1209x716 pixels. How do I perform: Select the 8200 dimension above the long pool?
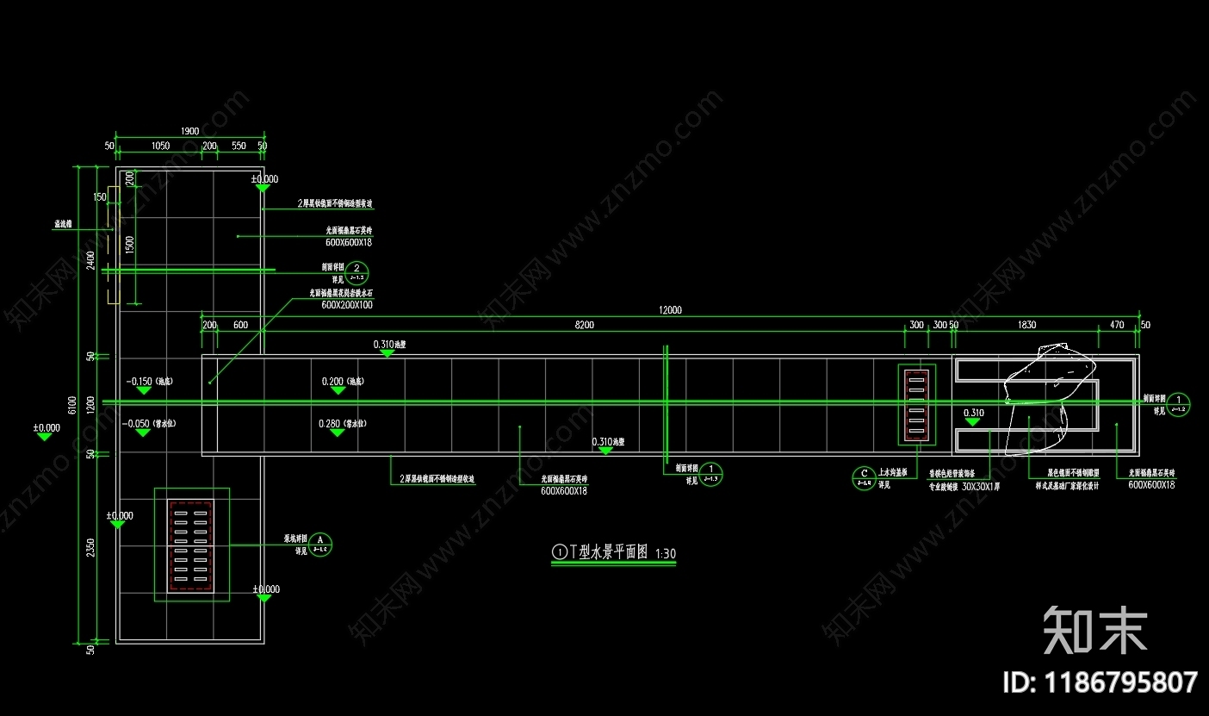coord(583,325)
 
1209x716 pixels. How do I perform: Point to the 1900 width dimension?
coord(189,131)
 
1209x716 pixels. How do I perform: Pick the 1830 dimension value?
coord(1026,325)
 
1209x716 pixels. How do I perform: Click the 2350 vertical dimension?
coord(90,546)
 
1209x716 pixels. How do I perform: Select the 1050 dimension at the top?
coord(160,146)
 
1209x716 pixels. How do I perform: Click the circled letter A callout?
coord(321,544)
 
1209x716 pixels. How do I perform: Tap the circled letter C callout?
coord(864,476)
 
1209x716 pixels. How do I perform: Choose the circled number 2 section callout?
coord(359,271)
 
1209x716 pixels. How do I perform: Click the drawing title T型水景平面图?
coord(609,552)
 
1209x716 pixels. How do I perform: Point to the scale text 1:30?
coord(666,553)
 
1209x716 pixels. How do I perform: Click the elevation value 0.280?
coord(331,423)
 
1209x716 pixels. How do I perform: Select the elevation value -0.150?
coord(138,381)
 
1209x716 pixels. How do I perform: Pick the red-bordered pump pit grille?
coord(191,545)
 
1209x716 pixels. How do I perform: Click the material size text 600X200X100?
coord(347,305)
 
